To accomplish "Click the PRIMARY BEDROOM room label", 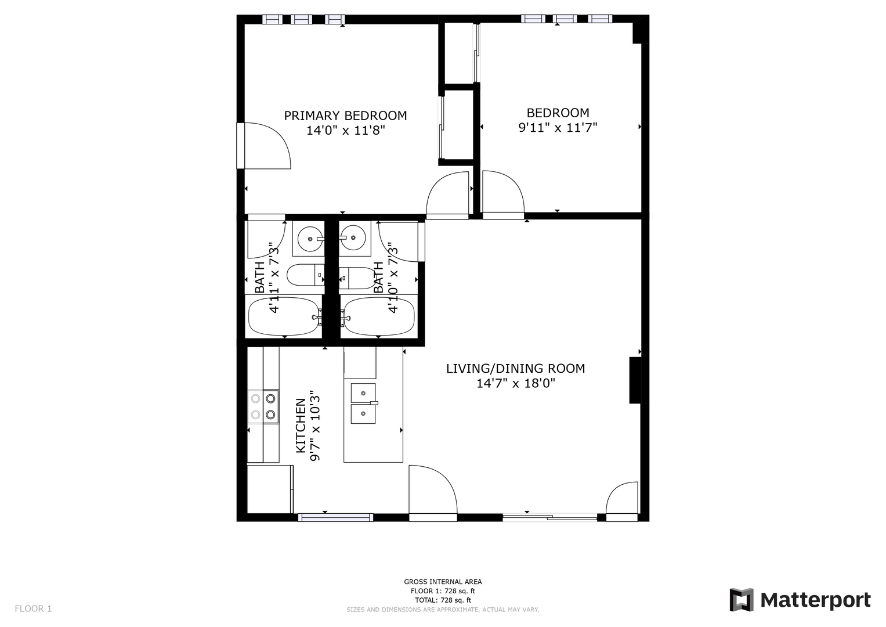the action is (x=345, y=116).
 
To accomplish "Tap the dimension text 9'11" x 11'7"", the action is (x=558, y=128).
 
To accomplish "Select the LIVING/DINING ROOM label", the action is (x=515, y=369).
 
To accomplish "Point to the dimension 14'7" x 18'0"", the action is (x=516, y=383).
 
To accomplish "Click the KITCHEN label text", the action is (x=301, y=426).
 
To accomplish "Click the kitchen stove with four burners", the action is (x=263, y=406).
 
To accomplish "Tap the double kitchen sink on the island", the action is (x=363, y=403).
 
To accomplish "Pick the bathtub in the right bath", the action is (x=379, y=317).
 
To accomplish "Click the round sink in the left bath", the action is (x=309, y=239).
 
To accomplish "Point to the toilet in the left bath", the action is (x=305, y=275).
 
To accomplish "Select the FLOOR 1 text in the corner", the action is (x=33, y=609).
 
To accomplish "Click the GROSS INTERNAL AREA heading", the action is (x=443, y=582).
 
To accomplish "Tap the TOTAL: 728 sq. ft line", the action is (x=443, y=600).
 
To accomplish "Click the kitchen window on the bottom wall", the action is (x=335, y=517).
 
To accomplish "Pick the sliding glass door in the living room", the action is (x=550, y=517).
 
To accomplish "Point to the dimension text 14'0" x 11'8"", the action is (x=346, y=130).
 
